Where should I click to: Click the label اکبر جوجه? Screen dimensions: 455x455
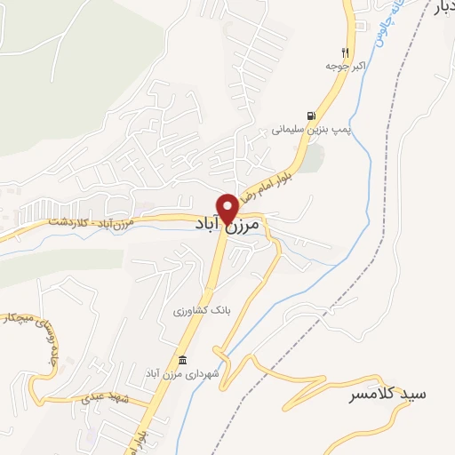(x=341, y=66)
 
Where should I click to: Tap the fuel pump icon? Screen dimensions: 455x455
(x=309, y=115)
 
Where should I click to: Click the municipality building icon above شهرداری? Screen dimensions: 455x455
(x=183, y=359)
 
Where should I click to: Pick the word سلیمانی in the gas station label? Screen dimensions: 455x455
(x=295, y=130)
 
